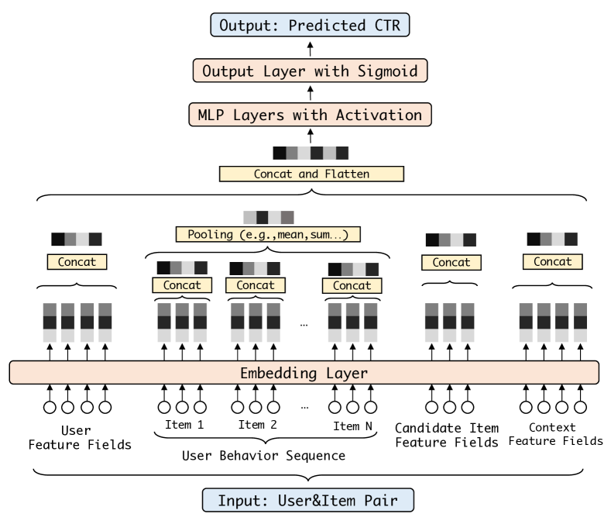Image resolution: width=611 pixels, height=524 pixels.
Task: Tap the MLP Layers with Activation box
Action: click(311, 115)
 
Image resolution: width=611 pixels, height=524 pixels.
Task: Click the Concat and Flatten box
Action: click(312, 174)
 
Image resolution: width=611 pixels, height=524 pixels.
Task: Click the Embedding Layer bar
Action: click(304, 373)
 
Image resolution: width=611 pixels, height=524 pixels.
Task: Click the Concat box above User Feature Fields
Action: click(77, 262)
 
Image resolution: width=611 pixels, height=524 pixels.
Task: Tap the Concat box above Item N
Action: click(352, 285)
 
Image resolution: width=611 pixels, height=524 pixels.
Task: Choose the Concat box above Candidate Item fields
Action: click(451, 262)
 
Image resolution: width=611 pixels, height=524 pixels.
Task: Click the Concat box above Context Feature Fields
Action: click(552, 262)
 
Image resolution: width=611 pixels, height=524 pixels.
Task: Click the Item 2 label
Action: click(256, 425)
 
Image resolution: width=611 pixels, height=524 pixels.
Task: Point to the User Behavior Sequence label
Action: click(263, 456)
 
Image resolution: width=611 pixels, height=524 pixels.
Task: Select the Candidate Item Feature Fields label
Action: click(447, 435)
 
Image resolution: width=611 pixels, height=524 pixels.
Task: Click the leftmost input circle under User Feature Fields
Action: click(49, 406)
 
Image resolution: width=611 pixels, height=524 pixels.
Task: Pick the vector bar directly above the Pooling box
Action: click(268, 217)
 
